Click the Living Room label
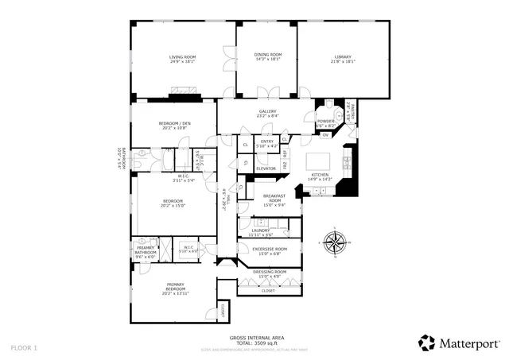coord(182,57)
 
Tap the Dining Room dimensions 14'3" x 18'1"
coord(269,60)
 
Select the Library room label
coord(343,57)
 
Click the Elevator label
coord(265,168)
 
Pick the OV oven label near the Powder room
coord(324,134)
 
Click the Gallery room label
coord(267,111)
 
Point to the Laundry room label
coord(261,230)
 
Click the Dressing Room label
coord(269,273)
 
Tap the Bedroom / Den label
coord(174,123)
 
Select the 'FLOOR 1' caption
coord(24,347)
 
